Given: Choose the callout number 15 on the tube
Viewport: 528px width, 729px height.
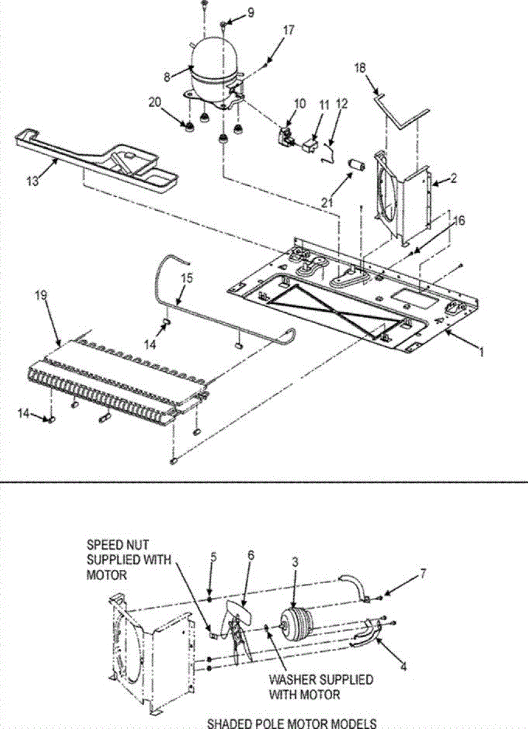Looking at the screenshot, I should point(187,280).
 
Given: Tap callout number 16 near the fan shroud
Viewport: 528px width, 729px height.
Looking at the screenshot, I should point(458,221).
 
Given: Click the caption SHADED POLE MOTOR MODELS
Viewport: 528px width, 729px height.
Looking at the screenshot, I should point(292,723).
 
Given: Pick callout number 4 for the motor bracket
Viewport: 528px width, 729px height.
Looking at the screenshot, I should point(403,666).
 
